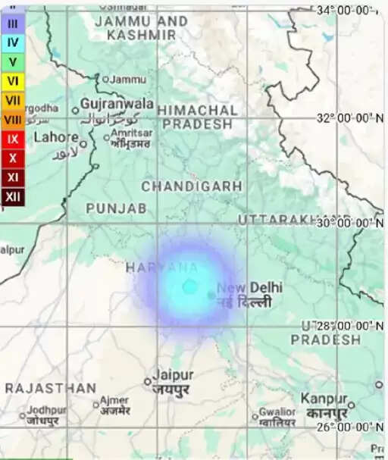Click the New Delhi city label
tap(249, 288)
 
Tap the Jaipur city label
tap(173, 375)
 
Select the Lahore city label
tap(56, 137)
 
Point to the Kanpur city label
tap(323, 399)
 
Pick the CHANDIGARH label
tap(192, 186)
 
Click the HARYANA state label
tap(162, 268)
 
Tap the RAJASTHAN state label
tap(51, 388)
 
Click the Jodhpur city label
tap(47, 410)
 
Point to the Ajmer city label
tap(115, 399)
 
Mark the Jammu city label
tap(128, 79)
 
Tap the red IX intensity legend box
tap(13, 139)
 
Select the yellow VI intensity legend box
tap(13, 80)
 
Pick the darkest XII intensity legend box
tap(13, 198)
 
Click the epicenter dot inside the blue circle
tap(189, 287)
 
